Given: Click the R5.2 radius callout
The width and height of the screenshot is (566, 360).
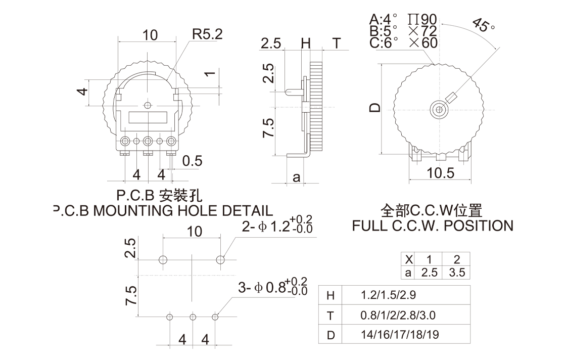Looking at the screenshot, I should (x=207, y=34).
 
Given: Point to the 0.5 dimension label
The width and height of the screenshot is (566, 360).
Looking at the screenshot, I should (x=192, y=161).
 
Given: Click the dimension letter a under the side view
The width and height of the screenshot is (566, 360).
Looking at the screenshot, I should (x=297, y=177).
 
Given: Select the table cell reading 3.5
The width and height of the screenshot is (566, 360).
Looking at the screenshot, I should (x=456, y=273).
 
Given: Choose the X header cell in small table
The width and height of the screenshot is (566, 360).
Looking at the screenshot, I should (x=409, y=259).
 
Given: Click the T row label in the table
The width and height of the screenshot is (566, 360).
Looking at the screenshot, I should (x=331, y=316).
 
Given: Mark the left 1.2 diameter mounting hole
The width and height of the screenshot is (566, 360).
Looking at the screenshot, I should (x=163, y=259).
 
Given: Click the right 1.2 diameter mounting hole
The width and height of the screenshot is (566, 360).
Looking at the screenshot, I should (x=220, y=259).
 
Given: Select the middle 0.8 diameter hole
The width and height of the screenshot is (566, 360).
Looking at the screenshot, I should (x=193, y=317).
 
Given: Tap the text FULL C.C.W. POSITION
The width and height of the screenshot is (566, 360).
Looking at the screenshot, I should (x=433, y=226).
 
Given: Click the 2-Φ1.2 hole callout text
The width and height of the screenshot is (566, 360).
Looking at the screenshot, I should (x=277, y=226).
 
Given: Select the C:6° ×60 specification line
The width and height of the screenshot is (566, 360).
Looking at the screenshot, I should (x=403, y=43).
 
